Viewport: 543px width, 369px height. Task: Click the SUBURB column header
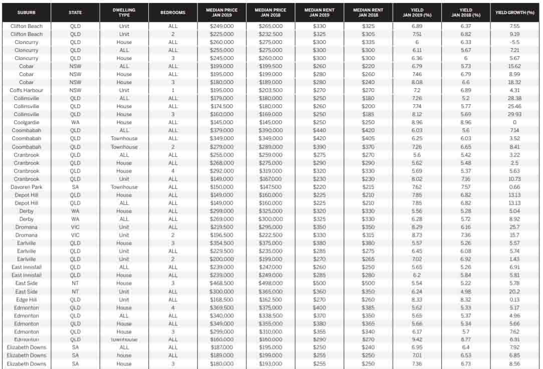coord(26,12)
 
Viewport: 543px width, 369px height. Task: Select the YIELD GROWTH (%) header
coord(514,12)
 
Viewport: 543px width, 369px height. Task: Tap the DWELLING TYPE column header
coord(124,12)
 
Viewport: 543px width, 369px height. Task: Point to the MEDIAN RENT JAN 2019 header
coord(319,12)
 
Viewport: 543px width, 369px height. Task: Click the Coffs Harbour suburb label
coord(26,90)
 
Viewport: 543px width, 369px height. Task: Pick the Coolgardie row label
coord(26,122)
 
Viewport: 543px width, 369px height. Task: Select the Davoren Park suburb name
coord(26,187)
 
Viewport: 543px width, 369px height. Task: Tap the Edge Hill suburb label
coord(26,299)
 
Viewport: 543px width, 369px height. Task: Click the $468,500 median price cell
coord(221,283)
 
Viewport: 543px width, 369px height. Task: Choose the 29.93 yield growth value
coord(514,114)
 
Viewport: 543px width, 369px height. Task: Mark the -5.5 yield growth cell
coord(514,42)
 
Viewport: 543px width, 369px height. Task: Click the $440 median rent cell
coord(319,130)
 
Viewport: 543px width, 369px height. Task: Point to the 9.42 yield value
coord(416,339)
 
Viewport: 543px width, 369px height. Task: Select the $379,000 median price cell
coord(221,130)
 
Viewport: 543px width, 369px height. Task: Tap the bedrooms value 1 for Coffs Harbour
coord(173,90)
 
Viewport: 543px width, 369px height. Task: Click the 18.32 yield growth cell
coord(514,82)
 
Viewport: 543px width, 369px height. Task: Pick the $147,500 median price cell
coord(270,187)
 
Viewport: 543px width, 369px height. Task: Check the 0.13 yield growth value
coord(514,299)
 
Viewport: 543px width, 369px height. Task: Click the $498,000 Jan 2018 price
coord(270,283)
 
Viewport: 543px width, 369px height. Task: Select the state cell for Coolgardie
coord(75,122)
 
